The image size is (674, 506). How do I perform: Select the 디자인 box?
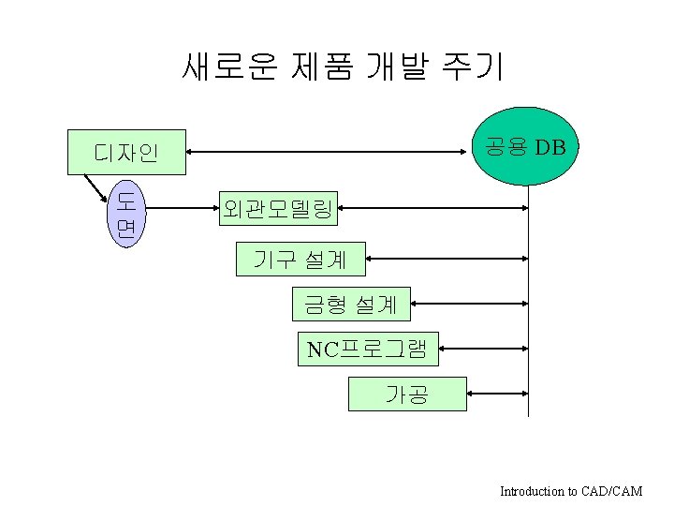click(126, 152)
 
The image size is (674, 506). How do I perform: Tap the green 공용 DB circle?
click(526, 146)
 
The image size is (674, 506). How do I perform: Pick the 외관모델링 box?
click(278, 208)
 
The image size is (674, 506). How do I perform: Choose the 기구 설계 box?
click(300, 258)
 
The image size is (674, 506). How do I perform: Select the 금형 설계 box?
click(351, 303)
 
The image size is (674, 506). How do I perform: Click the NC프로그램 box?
click(367, 350)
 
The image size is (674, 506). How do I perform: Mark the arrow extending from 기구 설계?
click(447, 257)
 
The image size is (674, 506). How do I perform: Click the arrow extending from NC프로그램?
click(482, 350)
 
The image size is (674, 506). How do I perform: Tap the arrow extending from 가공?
click(496, 394)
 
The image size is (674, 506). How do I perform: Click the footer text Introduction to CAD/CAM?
click(571, 491)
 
